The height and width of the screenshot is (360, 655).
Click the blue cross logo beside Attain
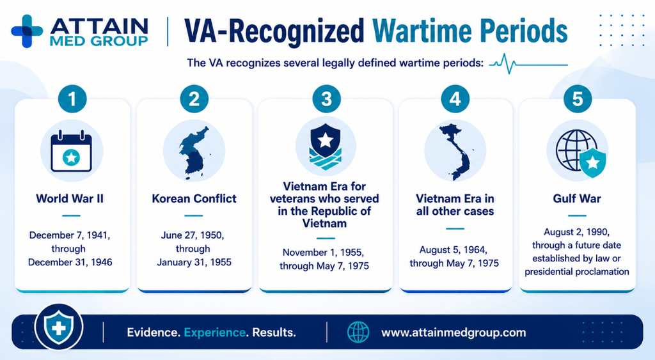tap(27, 31)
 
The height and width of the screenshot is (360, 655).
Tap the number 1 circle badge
tap(72, 99)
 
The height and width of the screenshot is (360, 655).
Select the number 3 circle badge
tap(326, 99)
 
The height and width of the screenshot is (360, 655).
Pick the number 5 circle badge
tap(578, 99)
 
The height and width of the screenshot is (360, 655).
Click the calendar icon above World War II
tap(72, 151)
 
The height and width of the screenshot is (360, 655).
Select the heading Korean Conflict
tap(194, 198)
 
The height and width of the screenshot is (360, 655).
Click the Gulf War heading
tap(577, 198)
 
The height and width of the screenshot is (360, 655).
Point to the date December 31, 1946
tap(70, 262)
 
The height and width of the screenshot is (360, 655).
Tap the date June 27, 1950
tap(193, 235)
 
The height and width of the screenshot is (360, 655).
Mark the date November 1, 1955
tap(323, 252)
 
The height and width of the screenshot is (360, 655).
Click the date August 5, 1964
tap(454, 250)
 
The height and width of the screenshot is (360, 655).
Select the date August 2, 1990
tap(576, 231)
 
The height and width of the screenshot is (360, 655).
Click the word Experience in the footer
tap(215, 333)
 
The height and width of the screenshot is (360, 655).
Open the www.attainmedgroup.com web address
tap(454, 333)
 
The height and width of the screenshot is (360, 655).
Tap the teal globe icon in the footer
tap(358, 333)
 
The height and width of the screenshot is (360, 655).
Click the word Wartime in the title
tap(422, 31)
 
